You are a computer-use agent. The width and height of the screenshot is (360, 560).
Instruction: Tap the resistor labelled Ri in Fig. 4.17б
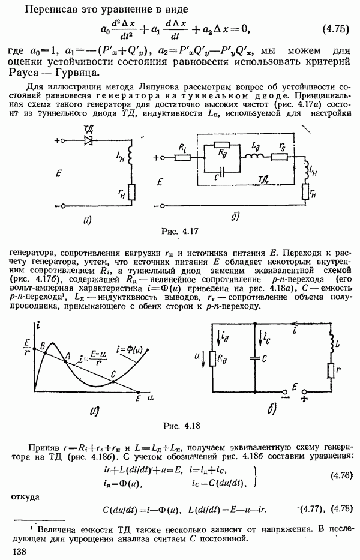(x=182, y=158)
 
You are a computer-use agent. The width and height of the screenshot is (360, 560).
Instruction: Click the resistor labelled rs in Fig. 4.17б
(x=279, y=157)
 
